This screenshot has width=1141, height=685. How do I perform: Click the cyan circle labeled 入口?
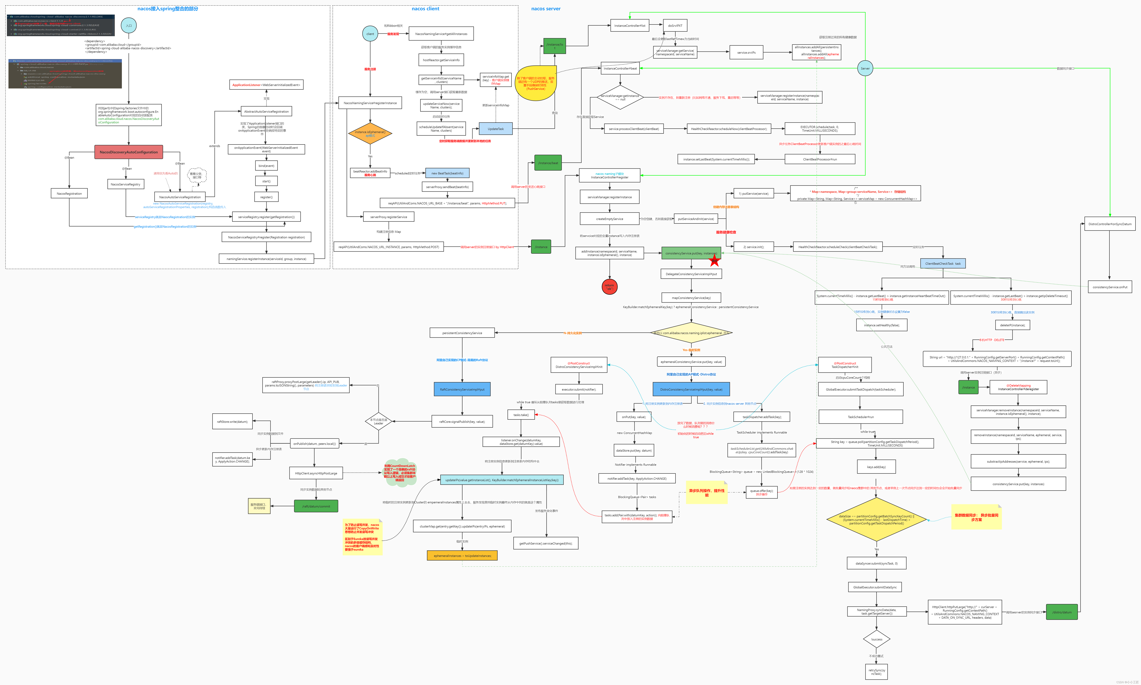129,25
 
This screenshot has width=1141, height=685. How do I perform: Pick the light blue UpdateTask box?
495,129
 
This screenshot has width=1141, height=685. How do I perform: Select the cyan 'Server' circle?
865,68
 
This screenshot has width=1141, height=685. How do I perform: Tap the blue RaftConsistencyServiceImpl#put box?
462,389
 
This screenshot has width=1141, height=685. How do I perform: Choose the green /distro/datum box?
1062,612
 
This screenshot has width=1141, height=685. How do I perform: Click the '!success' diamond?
876,639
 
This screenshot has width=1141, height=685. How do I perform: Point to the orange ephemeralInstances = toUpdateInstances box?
462,556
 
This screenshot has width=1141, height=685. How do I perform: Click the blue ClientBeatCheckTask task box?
943,264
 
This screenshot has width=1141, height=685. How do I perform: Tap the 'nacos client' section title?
425,9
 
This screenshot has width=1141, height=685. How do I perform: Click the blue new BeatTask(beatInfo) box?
447,173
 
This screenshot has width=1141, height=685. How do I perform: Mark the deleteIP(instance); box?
1012,325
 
